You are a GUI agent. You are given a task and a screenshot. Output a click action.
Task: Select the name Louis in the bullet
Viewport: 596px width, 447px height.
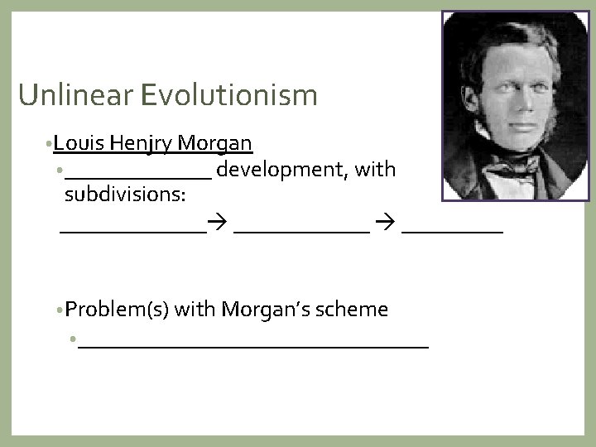point(81,144)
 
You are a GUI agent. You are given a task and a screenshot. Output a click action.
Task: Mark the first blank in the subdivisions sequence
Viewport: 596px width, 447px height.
point(132,233)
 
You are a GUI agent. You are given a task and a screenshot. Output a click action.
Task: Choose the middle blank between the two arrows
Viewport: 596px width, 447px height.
point(301,233)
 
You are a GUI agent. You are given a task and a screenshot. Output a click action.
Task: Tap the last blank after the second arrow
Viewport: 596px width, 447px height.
point(453,233)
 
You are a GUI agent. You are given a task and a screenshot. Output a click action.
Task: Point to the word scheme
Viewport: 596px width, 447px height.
point(353,310)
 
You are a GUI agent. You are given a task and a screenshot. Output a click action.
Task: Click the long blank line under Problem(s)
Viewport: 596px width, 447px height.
point(253,346)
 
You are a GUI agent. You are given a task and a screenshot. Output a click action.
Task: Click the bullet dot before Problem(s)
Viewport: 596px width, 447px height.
point(61,310)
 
